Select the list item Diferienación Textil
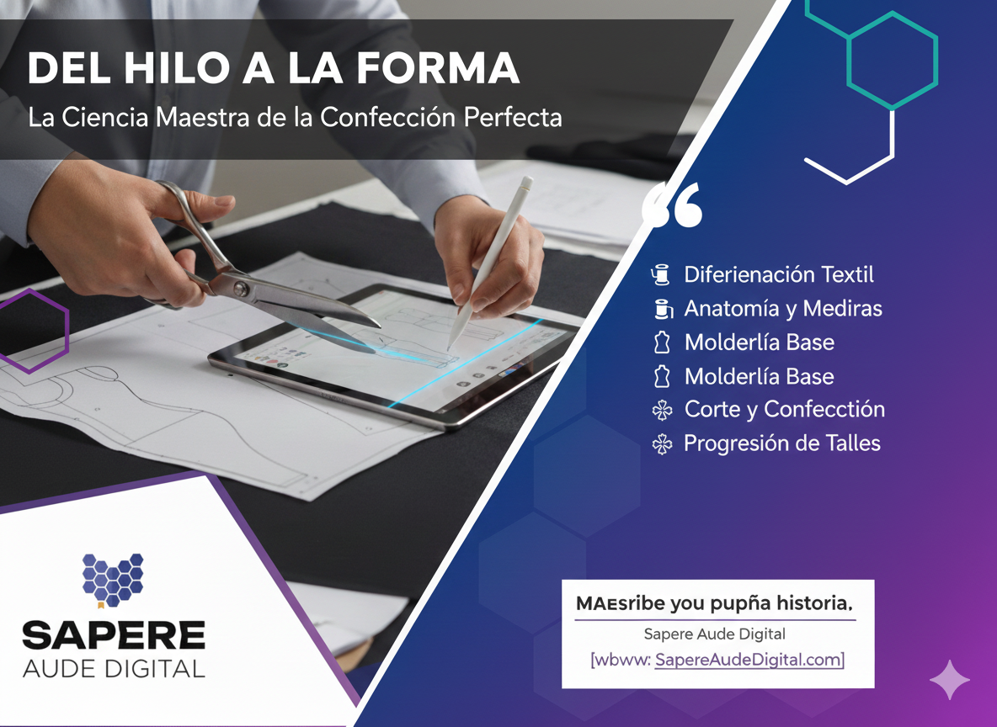(x=779, y=274)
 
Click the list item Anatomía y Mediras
(x=783, y=309)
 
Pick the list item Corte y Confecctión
(x=784, y=410)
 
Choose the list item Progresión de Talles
(x=781, y=443)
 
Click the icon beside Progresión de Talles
(x=664, y=444)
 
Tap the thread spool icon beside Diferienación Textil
(x=662, y=274)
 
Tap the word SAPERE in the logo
(x=114, y=635)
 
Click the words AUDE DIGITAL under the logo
(x=114, y=669)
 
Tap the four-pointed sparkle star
(x=949, y=680)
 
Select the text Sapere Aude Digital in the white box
(x=714, y=634)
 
